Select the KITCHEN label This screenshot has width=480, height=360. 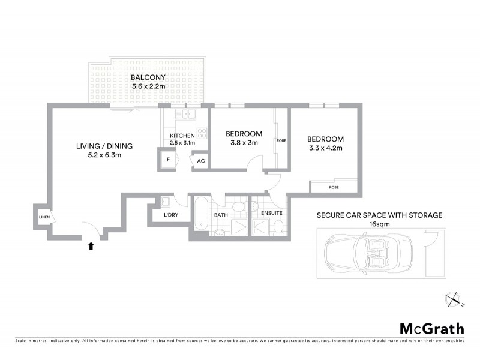tap(182, 136)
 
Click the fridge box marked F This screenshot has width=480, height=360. tap(168, 160)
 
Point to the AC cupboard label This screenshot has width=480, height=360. tap(200, 161)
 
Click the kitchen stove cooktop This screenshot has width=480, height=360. tap(202, 133)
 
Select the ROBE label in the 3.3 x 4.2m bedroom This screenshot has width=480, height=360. tap(334, 187)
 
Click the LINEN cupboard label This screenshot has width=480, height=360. tap(44, 217)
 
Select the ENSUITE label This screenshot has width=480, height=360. tap(271, 212)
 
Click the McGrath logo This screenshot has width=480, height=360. tap(431, 328)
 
